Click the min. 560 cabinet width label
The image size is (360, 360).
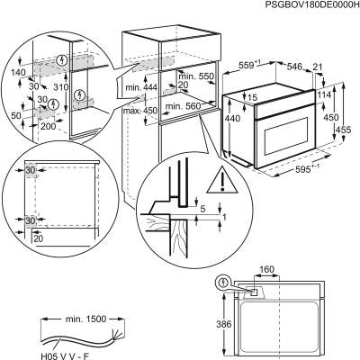click(184, 103)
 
